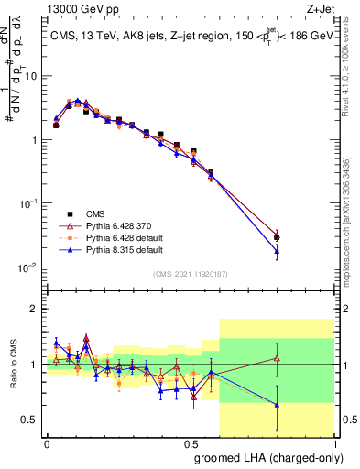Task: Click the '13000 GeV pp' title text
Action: [x=82, y=8]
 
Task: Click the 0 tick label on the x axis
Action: [x=47, y=442]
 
